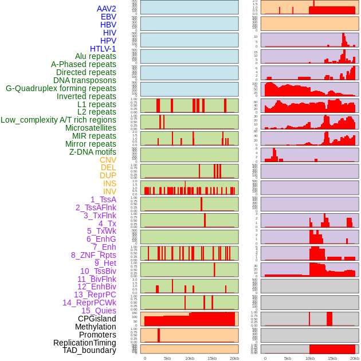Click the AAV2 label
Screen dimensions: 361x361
click(106, 9)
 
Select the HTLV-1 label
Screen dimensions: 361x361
click(103, 49)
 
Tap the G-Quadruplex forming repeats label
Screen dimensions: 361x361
click(61, 88)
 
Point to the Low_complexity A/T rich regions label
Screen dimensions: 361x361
click(58, 120)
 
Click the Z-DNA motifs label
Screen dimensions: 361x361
click(93, 152)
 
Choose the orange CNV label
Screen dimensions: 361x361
click(108, 160)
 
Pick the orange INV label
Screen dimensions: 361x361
click(109, 191)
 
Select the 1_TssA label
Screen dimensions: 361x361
click(103, 199)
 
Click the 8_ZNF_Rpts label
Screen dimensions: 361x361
click(93, 255)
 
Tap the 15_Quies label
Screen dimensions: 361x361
click(99, 311)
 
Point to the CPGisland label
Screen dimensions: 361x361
click(97, 319)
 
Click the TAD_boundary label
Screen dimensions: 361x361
click(89, 350)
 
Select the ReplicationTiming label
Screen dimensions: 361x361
click(84, 343)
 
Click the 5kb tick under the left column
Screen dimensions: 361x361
click(167, 358)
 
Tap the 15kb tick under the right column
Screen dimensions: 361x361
click(332, 358)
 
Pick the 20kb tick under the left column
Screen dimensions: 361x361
click(234, 358)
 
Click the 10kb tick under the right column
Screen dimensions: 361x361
click(310, 358)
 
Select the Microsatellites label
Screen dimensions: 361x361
click(91, 128)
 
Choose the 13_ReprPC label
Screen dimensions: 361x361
click(95, 295)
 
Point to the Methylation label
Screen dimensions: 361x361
click(95, 327)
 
